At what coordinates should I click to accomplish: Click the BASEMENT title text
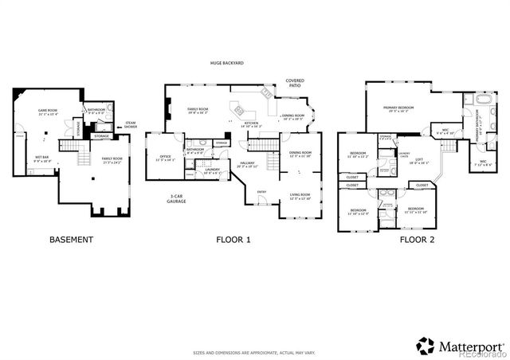pos(72,239)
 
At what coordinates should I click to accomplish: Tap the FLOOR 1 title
pos(233,239)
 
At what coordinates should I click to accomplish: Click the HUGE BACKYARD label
pos(227,63)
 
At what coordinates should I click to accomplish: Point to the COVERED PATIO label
pos(295,82)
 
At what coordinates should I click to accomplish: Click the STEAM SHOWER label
pos(130,124)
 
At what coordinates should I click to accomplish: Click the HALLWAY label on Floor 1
pos(246,162)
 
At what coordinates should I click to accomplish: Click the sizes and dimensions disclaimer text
pos(255,351)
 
